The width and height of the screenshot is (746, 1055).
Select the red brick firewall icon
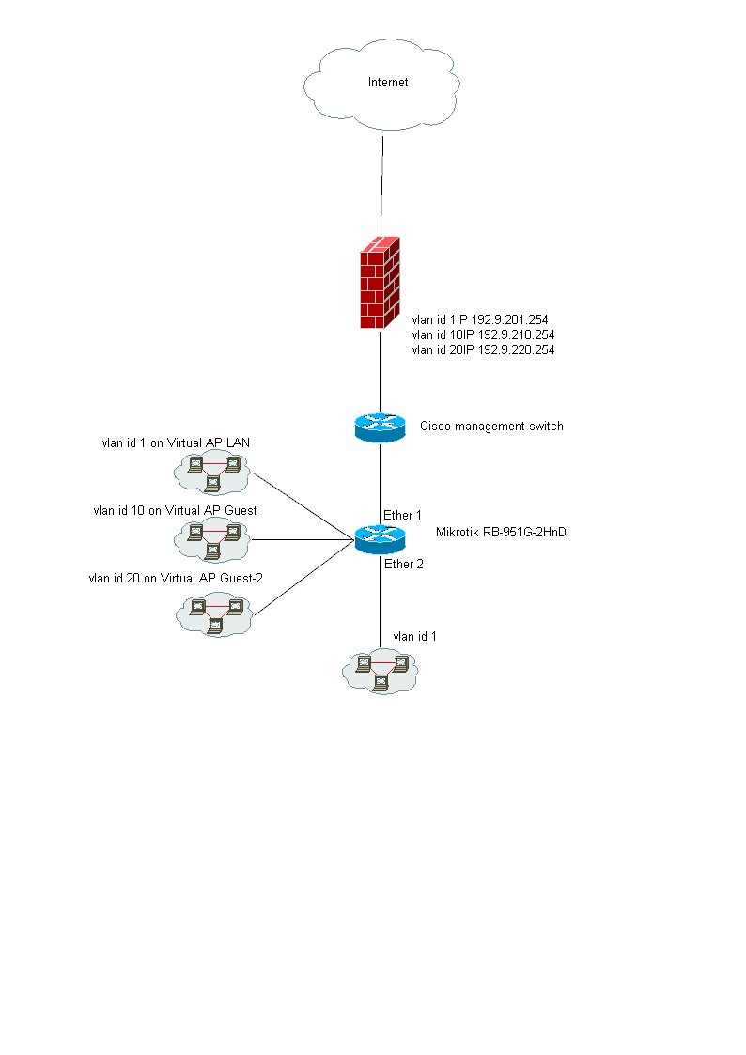pyautogui.click(x=379, y=282)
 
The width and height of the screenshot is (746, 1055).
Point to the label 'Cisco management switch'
pyautogui.click(x=491, y=427)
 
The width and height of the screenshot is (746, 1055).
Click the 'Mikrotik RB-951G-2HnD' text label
pyautogui.click(x=501, y=533)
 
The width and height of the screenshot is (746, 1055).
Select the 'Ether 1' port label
pyautogui.click(x=402, y=515)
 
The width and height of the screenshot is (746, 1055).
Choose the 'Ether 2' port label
pyautogui.click(x=403, y=564)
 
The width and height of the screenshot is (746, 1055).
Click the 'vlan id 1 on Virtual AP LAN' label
pyautogui.click(x=176, y=442)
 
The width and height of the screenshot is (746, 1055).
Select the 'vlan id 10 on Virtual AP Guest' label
pyautogui.click(x=175, y=510)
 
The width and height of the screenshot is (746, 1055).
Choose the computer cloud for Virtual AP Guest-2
pyautogui.click(x=214, y=613)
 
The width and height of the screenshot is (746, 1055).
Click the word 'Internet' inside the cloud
pyautogui.click(x=388, y=83)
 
